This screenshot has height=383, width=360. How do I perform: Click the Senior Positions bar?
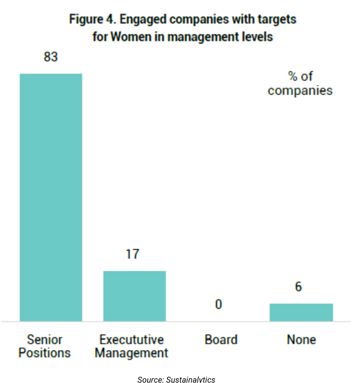point(51,197)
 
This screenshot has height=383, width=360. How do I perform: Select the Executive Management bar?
point(134,296)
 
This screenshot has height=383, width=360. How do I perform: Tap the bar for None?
point(301,312)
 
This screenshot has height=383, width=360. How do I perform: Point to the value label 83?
point(51,57)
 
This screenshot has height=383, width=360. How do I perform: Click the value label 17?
point(132,254)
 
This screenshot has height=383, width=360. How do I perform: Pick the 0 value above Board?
point(219,304)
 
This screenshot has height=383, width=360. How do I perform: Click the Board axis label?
point(221,339)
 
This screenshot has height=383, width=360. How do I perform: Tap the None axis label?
point(301,339)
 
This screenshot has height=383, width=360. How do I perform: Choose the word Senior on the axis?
point(45,339)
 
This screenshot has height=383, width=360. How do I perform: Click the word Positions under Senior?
point(45,353)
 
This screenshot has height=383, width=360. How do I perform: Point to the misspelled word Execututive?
point(132,339)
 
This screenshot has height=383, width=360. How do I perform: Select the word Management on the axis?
point(132,353)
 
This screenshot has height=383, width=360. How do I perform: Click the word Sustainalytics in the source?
point(191,379)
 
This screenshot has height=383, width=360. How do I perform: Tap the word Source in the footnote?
point(150,379)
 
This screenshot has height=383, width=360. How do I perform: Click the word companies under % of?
point(300,90)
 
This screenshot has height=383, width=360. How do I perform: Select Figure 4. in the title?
point(89,19)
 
